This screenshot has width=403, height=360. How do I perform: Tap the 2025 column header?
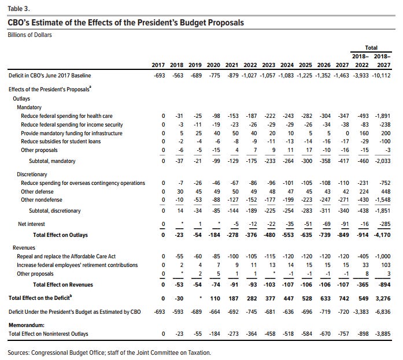click(305, 65)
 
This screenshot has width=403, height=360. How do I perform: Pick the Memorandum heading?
click(28, 325)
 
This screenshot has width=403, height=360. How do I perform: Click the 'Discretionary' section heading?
click(34, 174)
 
